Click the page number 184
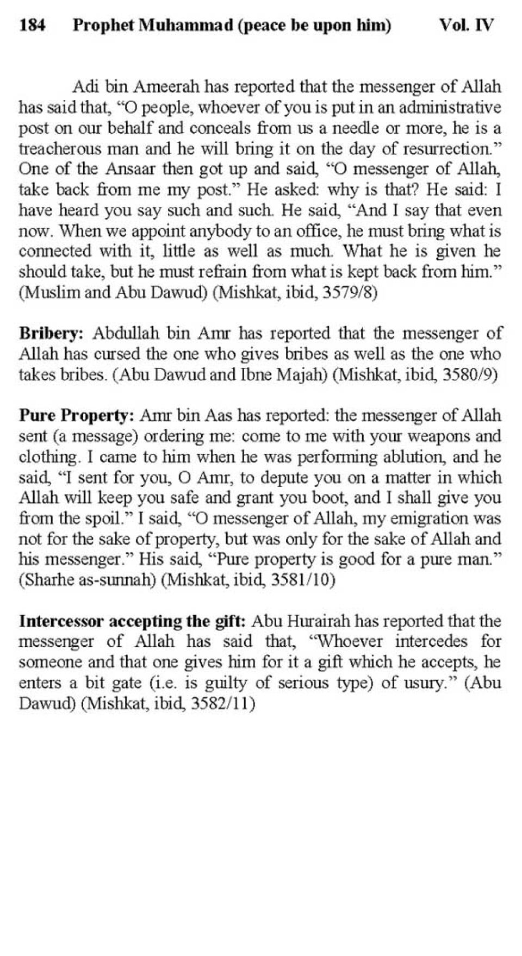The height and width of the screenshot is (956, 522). pyautogui.click(x=32, y=25)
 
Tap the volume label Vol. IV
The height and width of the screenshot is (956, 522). pyautogui.click(x=467, y=25)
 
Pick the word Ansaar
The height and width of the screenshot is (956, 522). pyautogui.click(x=131, y=169)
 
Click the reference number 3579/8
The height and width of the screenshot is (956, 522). pyautogui.click(x=350, y=293)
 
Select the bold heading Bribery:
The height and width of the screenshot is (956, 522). pyautogui.click(x=51, y=333)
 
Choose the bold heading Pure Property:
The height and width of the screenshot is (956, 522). pyautogui.click(x=76, y=416)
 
